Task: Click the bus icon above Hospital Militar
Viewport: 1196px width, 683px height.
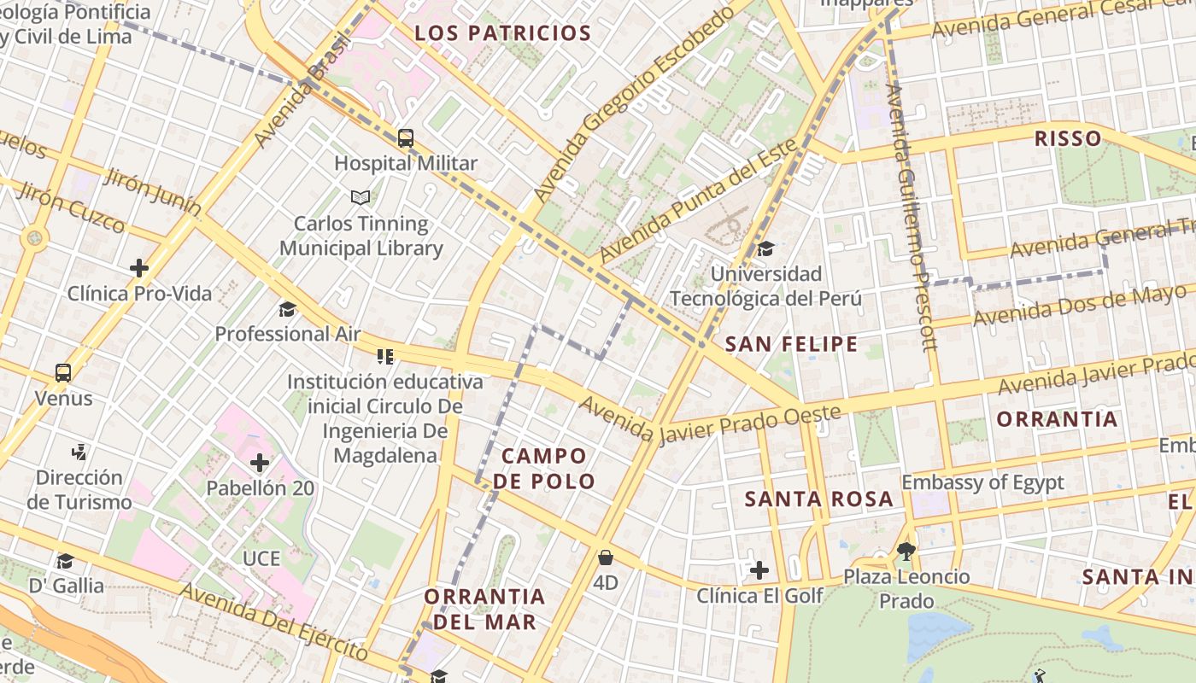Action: pyautogui.click(x=406, y=137)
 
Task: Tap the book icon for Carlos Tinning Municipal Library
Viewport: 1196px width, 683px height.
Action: pyautogui.click(x=361, y=198)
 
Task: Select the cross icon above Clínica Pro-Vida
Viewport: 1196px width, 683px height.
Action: pyautogui.click(x=139, y=268)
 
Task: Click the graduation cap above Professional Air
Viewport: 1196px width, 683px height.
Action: pyautogui.click(x=287, y=309)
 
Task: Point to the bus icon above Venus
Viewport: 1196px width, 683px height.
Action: pyautogui.click(x=63, y=373)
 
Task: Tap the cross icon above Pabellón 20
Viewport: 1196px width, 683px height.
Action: pyautogui.click(x=260, y=464)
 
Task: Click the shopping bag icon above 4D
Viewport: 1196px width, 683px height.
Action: pyautogui.click(x=606, y=558)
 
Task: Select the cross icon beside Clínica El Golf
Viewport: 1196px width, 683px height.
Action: pyautogui.click(x=759, y=570)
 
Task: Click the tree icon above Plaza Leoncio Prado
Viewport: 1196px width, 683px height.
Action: pyautogui.click(x=906, y=552)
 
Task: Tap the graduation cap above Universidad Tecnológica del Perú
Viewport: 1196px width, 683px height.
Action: pyautogui.click(x=765, y=249)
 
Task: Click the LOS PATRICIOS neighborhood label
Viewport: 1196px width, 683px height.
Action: pyautogui.click(x=502, y=34)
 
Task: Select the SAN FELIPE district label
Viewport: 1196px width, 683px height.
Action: pyautogui.click(x=791, y=345)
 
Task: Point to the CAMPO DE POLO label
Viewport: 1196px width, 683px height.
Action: pyautogui.click(x=544, y=469)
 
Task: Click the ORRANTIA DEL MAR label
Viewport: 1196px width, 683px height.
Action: pyautogui.click(x=484, y=609)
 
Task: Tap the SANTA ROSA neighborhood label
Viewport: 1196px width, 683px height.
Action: pyautogui.click(x=818, y=499)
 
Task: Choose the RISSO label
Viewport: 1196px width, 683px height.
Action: pyautogui.click(x=1068, y=139)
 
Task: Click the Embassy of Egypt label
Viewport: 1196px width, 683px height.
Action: pyautogui.click(x=983, y=482)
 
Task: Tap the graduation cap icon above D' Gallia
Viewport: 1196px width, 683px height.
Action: pyautogui.click(x=65, y=561)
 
